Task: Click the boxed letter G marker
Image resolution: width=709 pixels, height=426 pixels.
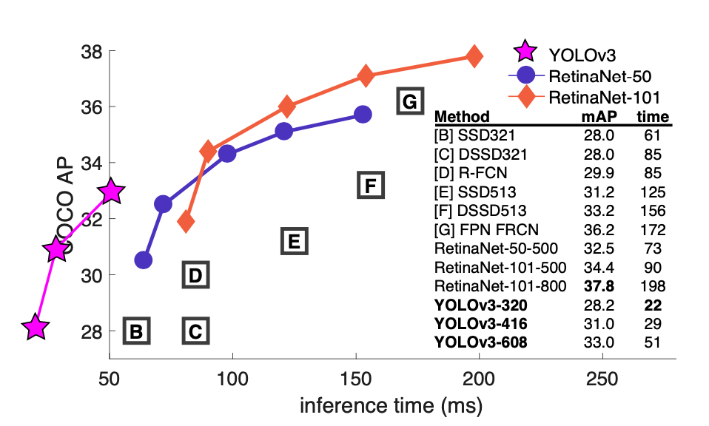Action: tap(410, 101)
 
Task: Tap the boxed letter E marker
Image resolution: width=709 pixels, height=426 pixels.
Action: tap(293, 241)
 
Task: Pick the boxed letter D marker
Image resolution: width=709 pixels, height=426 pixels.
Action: tap(195, 276)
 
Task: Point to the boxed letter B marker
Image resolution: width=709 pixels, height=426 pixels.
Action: tap(136, 331)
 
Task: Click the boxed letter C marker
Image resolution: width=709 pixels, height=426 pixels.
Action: tap(195, 331)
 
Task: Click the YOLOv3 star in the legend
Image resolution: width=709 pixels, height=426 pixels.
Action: tap(526, 53)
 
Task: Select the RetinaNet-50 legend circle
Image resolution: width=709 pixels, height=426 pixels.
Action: tap(526, 75)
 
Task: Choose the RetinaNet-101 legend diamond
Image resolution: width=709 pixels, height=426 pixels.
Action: tap(526, 97)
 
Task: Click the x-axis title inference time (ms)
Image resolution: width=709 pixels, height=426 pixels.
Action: tap(391, 406)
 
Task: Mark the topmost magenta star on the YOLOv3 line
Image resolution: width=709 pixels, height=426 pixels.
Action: tap(111, 191)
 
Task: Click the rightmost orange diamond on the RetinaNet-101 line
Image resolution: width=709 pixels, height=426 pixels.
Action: tap(474, 56)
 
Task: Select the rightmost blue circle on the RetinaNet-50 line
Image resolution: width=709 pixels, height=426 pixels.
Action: tap(363, 114)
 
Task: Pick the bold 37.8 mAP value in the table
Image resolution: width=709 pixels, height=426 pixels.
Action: tap(598, 285)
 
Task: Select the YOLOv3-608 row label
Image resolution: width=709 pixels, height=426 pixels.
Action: tap(481, 342)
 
